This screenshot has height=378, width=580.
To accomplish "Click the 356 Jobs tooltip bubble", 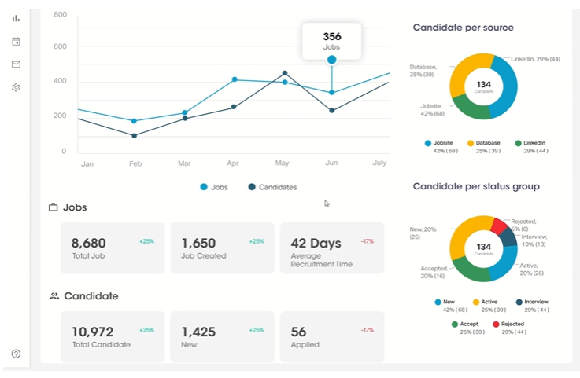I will point(331,40).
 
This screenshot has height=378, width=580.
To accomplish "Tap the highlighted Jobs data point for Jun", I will point(331,60).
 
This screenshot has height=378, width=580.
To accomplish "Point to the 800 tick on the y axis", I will point(61,15).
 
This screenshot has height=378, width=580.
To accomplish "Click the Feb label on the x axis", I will point(135,163).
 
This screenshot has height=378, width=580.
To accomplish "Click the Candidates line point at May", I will point(284,73).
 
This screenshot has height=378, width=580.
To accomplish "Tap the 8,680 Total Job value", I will point(88,244).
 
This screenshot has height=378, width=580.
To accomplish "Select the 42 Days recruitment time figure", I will point(315,244).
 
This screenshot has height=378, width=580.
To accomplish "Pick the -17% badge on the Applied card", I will point(367,330).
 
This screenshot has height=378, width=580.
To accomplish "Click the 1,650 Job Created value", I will point(198,244).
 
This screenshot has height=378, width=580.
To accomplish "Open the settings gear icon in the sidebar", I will point(16,87).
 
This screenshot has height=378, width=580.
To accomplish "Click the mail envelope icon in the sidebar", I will point(16,64).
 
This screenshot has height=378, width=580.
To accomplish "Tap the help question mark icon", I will point(16,354).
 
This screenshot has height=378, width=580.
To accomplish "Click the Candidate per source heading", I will point(463,28).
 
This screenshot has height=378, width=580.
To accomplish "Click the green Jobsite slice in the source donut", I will point(471,108).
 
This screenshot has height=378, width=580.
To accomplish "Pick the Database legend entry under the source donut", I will point(487,143).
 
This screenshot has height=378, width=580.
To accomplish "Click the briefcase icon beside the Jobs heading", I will point(54,207).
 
